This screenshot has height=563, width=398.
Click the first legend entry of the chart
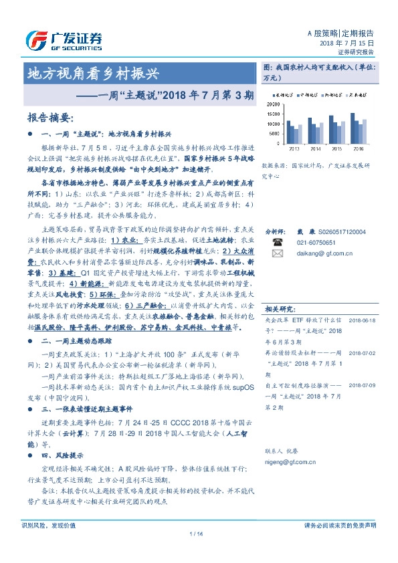tap(286, 96)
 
